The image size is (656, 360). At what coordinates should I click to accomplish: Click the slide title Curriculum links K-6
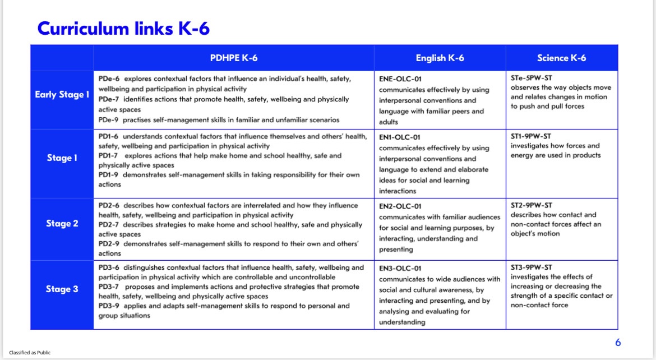coord(123,27)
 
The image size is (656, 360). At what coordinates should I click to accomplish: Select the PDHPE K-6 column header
coord(234,58)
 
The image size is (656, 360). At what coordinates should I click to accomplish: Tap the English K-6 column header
coord(440,58)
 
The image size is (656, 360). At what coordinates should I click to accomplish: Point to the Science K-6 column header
coord(561,58)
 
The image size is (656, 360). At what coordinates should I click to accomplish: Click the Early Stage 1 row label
coord(62,94)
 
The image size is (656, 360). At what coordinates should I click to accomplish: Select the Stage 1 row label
coord(62,158)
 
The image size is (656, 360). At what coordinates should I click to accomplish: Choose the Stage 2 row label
coord(62,224)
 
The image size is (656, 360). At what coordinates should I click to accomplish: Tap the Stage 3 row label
coord(62,289)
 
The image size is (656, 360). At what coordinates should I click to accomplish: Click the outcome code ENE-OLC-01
coord(400,79)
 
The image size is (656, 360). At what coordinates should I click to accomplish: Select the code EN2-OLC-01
coord(400,206)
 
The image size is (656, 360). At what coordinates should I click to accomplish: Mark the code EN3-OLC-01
coord(400,269)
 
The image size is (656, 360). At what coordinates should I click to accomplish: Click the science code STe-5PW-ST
coord(531,78)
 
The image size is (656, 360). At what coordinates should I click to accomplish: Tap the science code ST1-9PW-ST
coord(531,136)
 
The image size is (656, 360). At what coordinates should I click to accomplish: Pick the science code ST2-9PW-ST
coord(531,205)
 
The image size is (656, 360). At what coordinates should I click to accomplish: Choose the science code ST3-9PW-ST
coord(531,267)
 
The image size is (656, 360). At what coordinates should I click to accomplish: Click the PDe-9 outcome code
coord(108,120)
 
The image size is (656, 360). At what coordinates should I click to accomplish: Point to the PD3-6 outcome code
coord(109,267)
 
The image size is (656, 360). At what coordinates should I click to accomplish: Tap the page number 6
coord(618,343)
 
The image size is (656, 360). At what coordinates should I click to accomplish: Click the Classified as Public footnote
coord(30,353)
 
